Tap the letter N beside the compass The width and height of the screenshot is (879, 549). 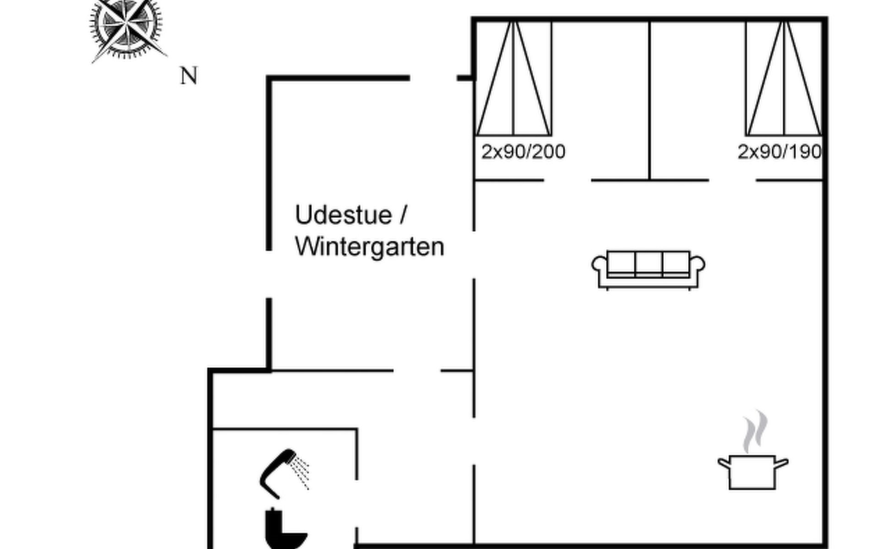189,76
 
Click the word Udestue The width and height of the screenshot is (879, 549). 343,215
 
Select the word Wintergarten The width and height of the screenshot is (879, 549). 369,247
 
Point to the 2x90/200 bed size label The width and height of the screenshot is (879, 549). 523,151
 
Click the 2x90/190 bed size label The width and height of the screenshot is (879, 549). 779,151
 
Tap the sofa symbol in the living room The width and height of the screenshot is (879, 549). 648,269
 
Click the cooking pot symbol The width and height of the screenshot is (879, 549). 752,472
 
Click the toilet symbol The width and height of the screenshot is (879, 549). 284,528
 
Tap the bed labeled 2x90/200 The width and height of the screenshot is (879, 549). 514,79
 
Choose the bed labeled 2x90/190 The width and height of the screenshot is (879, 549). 784,79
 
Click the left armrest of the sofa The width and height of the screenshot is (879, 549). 599,265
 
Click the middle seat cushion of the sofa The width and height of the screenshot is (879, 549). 648,263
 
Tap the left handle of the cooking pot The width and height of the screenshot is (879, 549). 724,463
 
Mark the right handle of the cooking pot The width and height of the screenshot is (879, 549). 781,463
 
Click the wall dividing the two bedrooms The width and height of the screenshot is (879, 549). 649,101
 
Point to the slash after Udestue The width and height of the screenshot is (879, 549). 403,215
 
